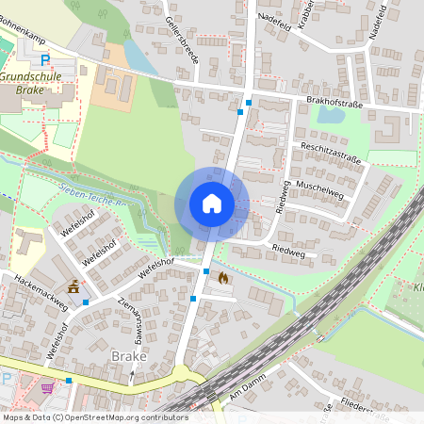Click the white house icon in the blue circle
tap(212, 204)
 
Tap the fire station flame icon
tap(222, 278)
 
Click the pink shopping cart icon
tap(47, 388)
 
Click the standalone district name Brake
tap(128, 356)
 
